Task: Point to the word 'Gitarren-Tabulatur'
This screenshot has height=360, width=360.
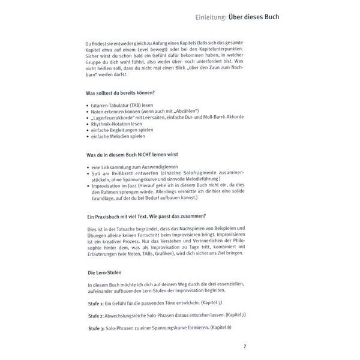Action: pyautogui.click(x=112, y=105)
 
